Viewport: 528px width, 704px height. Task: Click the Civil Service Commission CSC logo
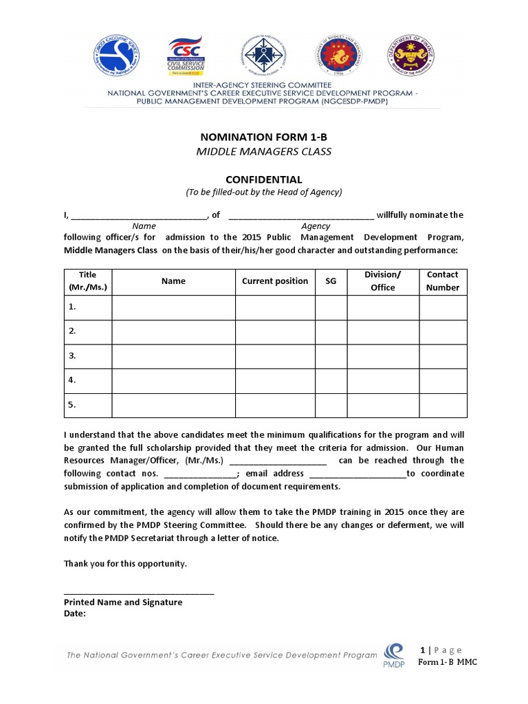pos(186,56)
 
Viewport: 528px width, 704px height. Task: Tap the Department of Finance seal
pos(410,56)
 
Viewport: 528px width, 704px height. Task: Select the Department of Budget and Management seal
pos(337,56)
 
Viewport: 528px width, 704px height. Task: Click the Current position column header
pos(275,281)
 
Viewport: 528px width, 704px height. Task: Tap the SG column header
pos(331,282)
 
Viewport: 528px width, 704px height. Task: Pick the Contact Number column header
pos(443,281)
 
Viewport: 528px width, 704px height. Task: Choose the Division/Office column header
pos(383,281)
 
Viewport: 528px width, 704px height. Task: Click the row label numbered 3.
pos(71,355)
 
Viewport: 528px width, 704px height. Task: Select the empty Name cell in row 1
pos(173,307)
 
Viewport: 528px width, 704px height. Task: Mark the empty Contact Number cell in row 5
pos(443,405)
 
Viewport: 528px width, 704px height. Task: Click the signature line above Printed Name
pos(139,593)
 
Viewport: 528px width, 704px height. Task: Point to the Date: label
pos(75,614)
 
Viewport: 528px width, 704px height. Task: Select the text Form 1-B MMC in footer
pos(448,662)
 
